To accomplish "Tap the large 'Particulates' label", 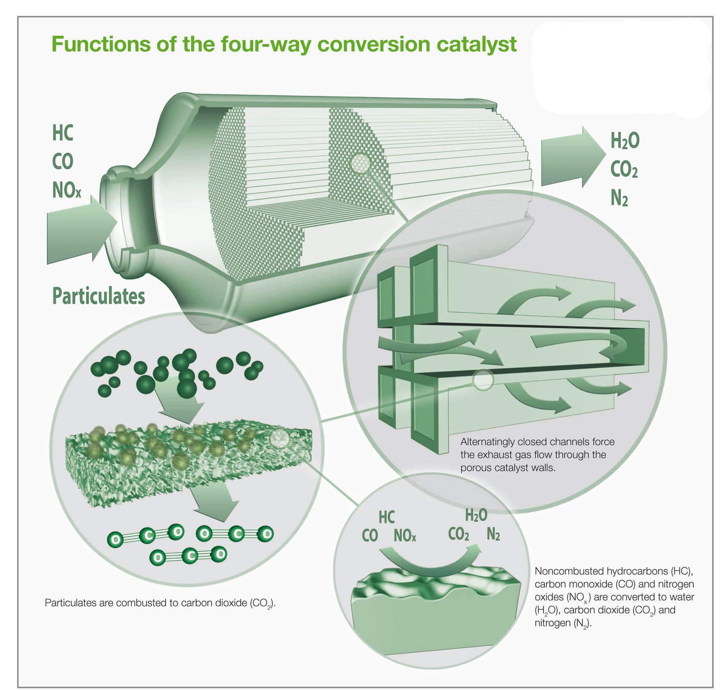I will click(x=98, y=296).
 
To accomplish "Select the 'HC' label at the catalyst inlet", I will click(x=63, y=133).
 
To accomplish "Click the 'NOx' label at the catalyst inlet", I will click(x=66, y=190).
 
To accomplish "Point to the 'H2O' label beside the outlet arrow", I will click(x=624, y=141).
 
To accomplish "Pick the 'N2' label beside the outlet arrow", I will click(x=619, y=198).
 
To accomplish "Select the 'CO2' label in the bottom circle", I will click(x=458, y=535).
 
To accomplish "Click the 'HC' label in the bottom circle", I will click(x=386, y=517).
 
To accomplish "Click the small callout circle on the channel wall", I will click(x=483, y=380).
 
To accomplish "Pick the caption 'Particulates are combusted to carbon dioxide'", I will click(x=160, y=603).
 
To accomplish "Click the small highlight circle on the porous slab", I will click(x=279, y=439).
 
